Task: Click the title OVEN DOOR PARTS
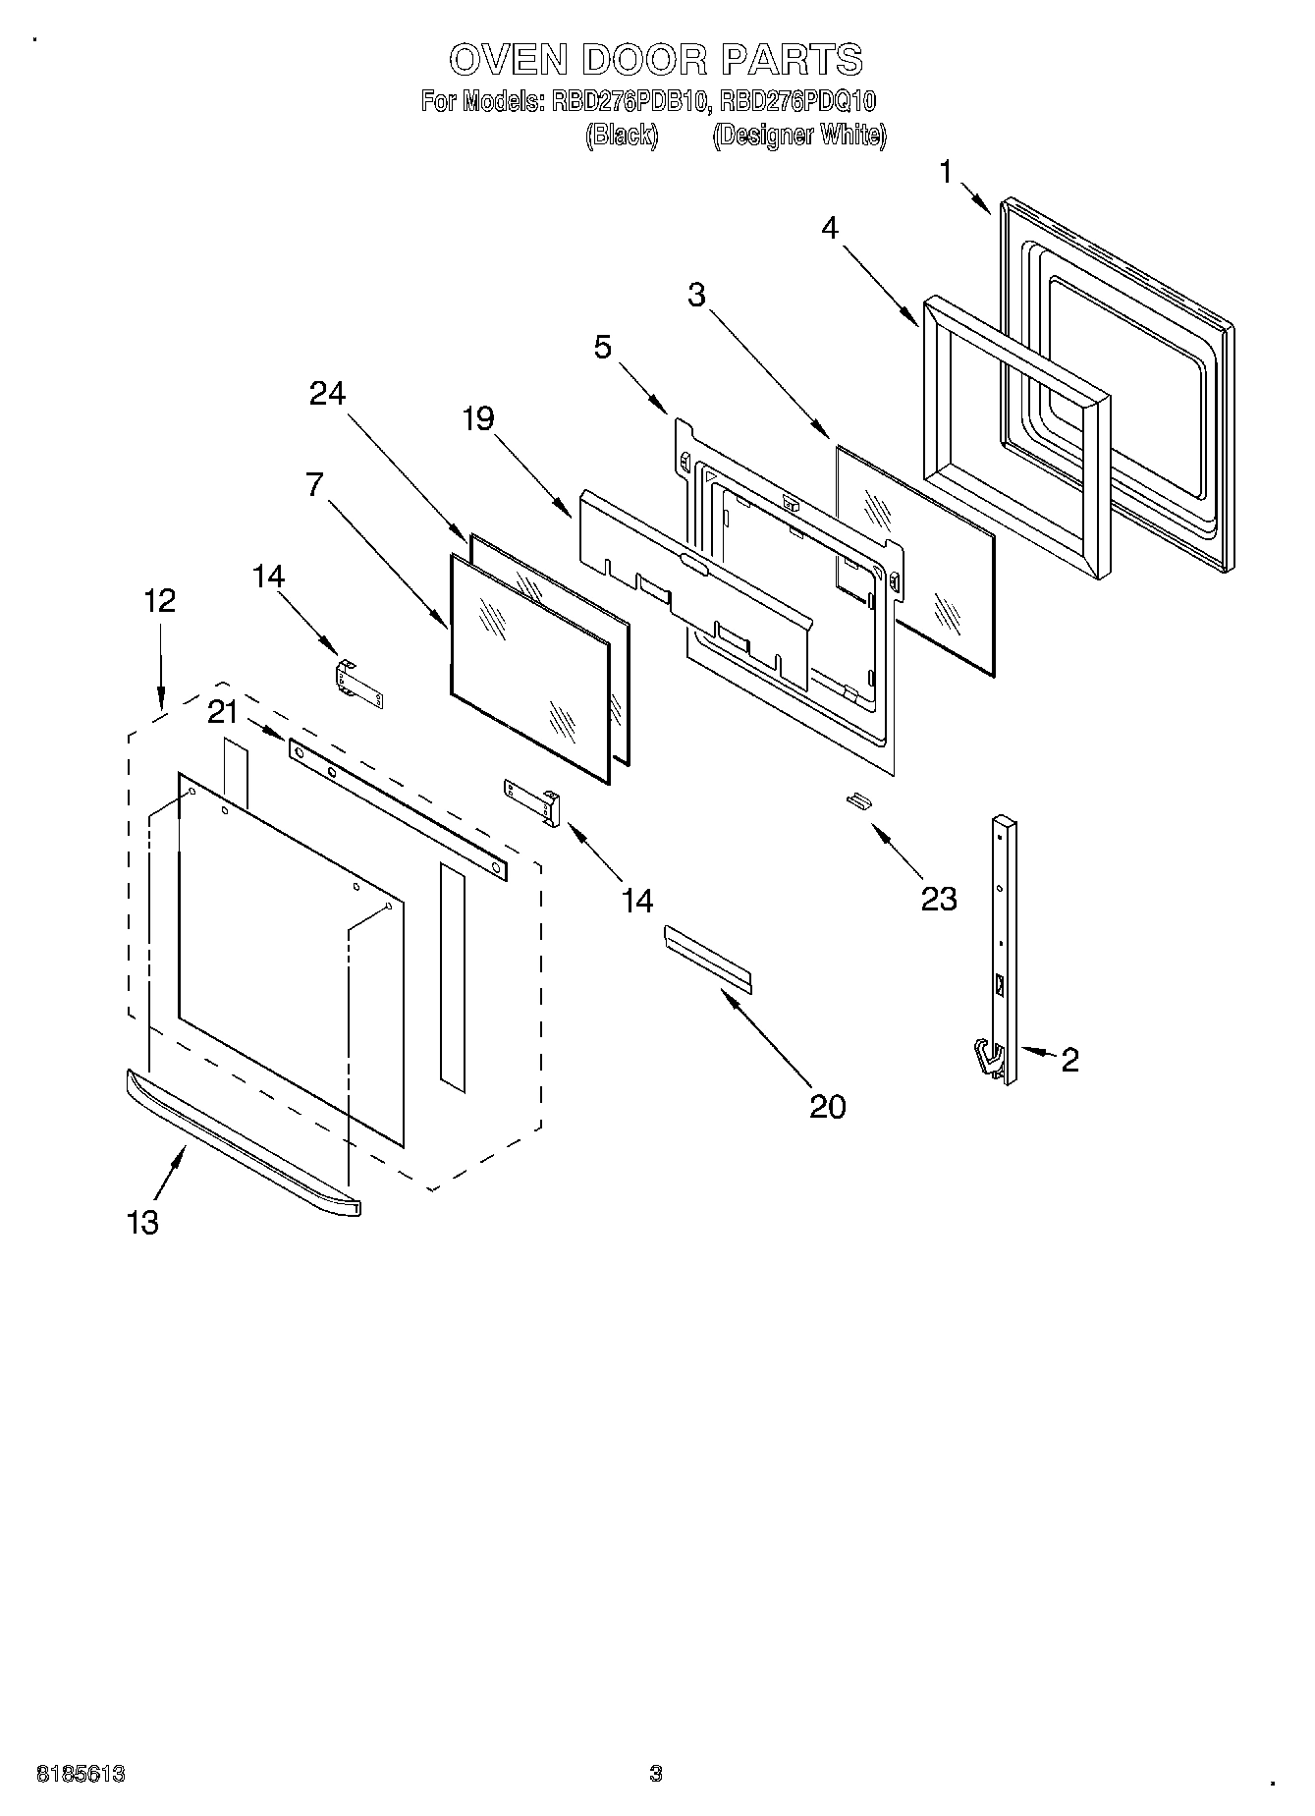656,60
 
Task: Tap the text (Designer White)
798,136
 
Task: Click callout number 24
328,394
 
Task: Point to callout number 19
478,419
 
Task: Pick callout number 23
938,899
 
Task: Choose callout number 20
828,1107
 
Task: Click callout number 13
142,1223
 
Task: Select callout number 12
160,600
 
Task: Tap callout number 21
223,712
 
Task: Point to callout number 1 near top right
945,173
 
